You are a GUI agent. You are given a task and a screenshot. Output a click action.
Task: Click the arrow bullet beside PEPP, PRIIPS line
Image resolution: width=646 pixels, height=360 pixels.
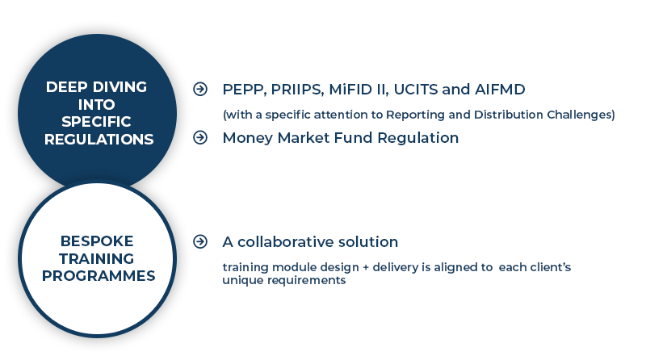(200, 89)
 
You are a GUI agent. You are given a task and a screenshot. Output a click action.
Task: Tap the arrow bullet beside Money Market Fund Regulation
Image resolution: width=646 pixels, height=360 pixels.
(200, 137)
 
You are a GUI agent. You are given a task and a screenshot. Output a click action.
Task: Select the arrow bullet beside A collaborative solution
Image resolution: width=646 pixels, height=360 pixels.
(200, 241)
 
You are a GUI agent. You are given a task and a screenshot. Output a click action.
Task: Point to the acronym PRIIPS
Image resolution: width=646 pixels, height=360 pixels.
(297, 90)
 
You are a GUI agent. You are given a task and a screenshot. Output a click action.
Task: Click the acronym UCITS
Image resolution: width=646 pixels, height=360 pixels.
(415, 89)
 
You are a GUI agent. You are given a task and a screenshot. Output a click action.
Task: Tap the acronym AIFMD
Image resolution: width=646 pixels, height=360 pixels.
(500, 89)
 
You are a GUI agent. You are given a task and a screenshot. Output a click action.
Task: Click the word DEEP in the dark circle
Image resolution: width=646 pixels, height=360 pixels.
(67, 87)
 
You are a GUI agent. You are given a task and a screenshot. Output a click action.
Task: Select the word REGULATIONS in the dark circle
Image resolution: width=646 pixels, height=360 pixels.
(99, 139)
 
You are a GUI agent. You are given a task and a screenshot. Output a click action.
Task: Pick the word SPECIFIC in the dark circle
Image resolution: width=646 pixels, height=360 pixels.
(96, 122)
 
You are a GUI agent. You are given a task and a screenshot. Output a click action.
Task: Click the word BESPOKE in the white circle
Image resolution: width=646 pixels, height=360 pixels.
(97, 241)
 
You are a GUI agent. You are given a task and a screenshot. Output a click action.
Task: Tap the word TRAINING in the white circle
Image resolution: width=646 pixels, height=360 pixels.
(96, 258)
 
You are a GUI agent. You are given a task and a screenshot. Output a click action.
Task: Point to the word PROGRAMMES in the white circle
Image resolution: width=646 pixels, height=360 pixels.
(99, 275)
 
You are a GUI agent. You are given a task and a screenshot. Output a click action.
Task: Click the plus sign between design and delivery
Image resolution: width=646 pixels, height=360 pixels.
(366, 268)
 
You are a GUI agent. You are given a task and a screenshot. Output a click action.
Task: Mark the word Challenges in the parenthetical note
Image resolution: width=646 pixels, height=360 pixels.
(581, 115)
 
